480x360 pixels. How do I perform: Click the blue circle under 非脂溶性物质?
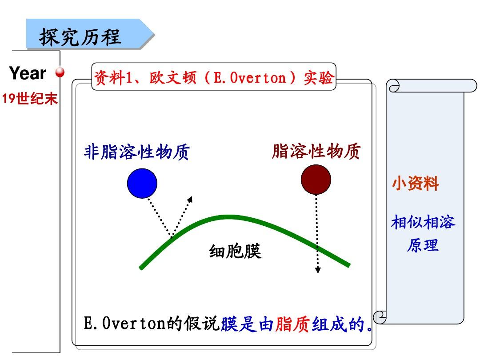pyautogui.click(x=142, y=183)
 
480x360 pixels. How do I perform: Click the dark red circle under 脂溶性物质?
pyautogui.click(x=316, y=180)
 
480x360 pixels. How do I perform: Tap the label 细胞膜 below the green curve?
pyautogui.click(x=235, y=251)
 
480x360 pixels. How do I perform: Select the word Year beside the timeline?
pyautogui.click(x=28, y=73)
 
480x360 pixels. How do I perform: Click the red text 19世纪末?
pyautogui.click(x=30, y=99)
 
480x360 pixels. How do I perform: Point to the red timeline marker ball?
pyautogui.click(x=60, y=72)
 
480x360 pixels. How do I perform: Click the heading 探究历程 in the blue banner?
pyautogui.click(x=80, y=37)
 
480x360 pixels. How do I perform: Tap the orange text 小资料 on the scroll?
pyautogui.click(x=416, y=184)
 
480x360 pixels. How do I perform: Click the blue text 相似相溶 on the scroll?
pyautogui.click(x=423, y=222)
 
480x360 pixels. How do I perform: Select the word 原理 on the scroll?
pyautogui.click(x=423, y=245)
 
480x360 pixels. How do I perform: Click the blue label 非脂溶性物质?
pyautogui.click(x=137, y=152)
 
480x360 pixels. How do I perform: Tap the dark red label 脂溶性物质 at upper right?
pyautogui.click(x=316, y=151)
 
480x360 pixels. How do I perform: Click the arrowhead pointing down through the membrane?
pyautogui.click(x=318, y=270)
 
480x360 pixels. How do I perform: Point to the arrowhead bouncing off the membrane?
pyautogui.click(x=190, y=199)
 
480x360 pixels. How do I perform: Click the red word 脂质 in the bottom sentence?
pyautogui.click(x=292, y=324)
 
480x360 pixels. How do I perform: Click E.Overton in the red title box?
pyautogui.click(x=250, y=78)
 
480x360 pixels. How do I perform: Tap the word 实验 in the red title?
pyautogui.click(x=318, y=78)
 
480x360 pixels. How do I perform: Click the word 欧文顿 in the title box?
pyautogui.click(x=173, y=78)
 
